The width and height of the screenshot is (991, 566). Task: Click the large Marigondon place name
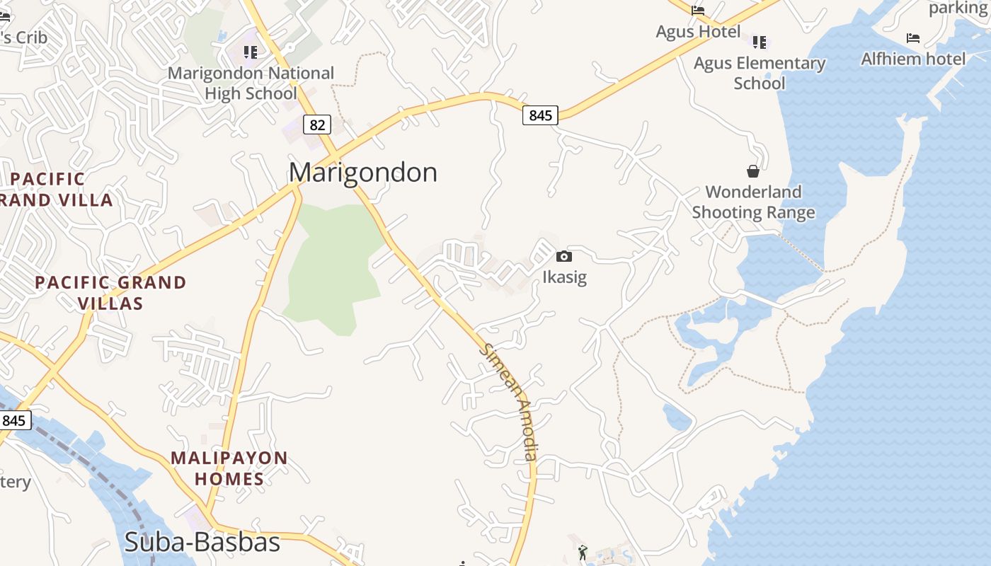pos(362,173)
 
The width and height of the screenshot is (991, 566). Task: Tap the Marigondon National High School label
pos(251,83)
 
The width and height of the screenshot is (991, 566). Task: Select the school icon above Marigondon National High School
pos(250,52)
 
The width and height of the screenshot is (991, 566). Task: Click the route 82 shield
pos(318,125)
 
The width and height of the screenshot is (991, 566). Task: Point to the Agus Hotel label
pos(698,32)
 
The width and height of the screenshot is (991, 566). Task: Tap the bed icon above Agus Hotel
pos(698,10)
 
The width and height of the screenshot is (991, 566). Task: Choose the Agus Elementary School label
pos(760,73)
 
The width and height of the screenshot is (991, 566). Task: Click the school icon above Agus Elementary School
pos(760,42)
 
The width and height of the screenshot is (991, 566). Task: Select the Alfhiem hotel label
pos(913,59)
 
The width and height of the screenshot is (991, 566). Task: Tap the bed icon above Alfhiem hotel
pos(913,38)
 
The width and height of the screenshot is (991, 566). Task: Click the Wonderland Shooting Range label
pos(753,202)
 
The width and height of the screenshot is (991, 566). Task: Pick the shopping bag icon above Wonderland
pos(753,171)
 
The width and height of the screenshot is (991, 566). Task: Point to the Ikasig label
pos(564,277)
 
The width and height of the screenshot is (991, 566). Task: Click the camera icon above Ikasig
pos(564,256)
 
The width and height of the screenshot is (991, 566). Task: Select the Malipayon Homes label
pos(229,468)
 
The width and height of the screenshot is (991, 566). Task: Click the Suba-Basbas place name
pos(202,543)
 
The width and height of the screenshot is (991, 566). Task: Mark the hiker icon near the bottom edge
pos(583,553)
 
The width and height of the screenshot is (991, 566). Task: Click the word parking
pos(957,8)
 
